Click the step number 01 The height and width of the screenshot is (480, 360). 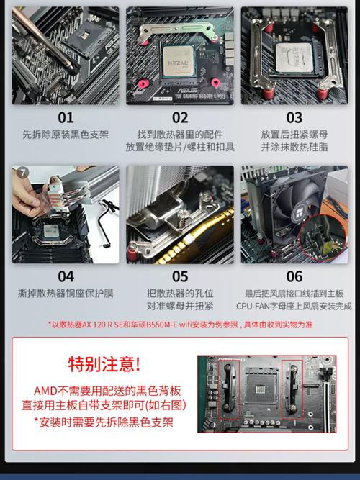point(66,117)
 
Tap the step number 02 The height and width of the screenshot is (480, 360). point(180,117)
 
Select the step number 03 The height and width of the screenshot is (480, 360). point(294,117)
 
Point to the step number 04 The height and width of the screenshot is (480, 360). point(66,276)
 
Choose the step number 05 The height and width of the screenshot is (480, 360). point(180,276)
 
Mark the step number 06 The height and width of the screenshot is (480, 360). point(294,276)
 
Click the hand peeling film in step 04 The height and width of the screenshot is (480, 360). point(29,194)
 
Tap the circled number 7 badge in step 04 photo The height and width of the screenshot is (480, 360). point(22,172)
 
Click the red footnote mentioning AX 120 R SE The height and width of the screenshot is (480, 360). point(180,324)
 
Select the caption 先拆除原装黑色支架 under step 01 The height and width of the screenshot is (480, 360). point(66,135)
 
